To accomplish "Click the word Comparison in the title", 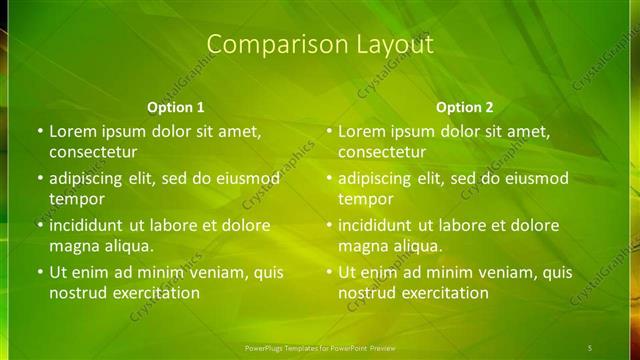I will [x=264, y=45].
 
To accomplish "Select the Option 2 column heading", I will [x=464, y=107].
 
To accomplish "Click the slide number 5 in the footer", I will [x=589, y=347].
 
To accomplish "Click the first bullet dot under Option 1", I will [x=39, y=131].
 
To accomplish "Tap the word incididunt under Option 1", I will [x=90, y=225].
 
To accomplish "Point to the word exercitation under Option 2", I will [x=441, y=293].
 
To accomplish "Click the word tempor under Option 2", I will [x=365, y=199].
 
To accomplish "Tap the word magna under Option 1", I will [x=74, y=246].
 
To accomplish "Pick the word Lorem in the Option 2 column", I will [x=362, y=131].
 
